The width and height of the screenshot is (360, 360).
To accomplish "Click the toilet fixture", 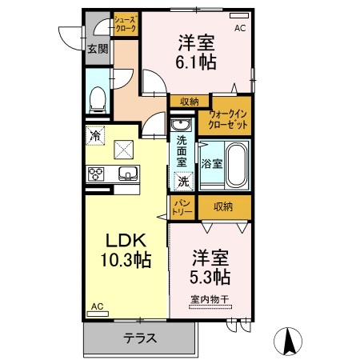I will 98,98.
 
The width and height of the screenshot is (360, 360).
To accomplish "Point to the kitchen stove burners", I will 97,174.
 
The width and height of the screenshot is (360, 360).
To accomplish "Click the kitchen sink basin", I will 126,173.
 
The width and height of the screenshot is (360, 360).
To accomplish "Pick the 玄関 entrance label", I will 98,50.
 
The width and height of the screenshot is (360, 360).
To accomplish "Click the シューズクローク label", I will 125,22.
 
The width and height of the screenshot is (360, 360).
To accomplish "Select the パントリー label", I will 182,208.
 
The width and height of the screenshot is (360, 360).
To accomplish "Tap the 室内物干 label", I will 210,300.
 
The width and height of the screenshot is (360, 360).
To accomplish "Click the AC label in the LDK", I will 97,306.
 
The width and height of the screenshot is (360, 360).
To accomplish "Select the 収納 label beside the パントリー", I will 223,207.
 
